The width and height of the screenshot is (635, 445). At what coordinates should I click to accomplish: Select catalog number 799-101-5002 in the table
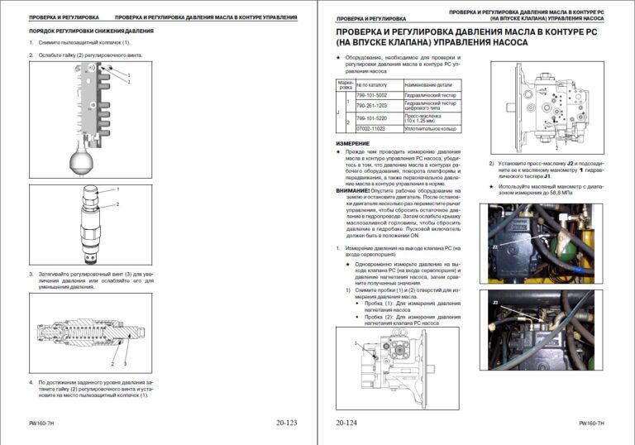tap(372, 95)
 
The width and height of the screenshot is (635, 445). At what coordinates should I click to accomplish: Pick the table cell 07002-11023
tap(371, 129)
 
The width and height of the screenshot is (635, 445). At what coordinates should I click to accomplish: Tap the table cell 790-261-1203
tap(371, 106)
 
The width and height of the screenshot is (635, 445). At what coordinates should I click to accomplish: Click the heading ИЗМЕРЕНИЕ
tap(353, 143)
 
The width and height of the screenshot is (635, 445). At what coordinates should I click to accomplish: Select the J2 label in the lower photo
tap(496, 304)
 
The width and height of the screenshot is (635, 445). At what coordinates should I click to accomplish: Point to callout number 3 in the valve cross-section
tap(125, 363)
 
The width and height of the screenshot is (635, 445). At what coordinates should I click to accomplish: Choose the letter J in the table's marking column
tap(340, 112)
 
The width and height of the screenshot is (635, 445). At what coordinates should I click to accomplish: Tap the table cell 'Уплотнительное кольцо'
tap(432, 129)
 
